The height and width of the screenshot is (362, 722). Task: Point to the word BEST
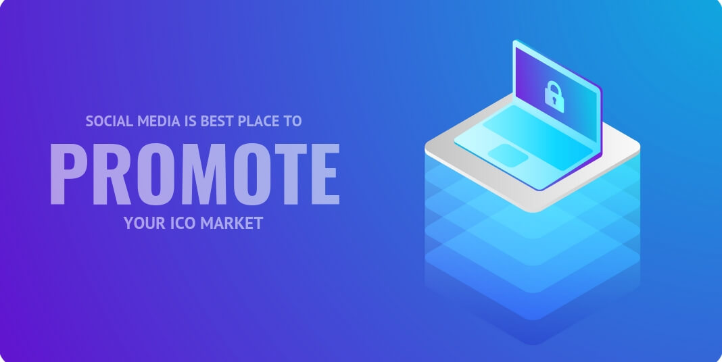217,122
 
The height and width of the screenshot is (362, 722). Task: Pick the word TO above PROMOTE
293,122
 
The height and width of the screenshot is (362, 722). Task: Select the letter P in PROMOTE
68,174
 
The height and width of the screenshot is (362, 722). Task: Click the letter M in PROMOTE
204,174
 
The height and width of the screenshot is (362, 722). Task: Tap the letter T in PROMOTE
291,174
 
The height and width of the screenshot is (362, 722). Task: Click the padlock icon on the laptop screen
554,97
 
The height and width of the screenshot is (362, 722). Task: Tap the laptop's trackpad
508,155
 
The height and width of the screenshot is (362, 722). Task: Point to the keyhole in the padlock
555,100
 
